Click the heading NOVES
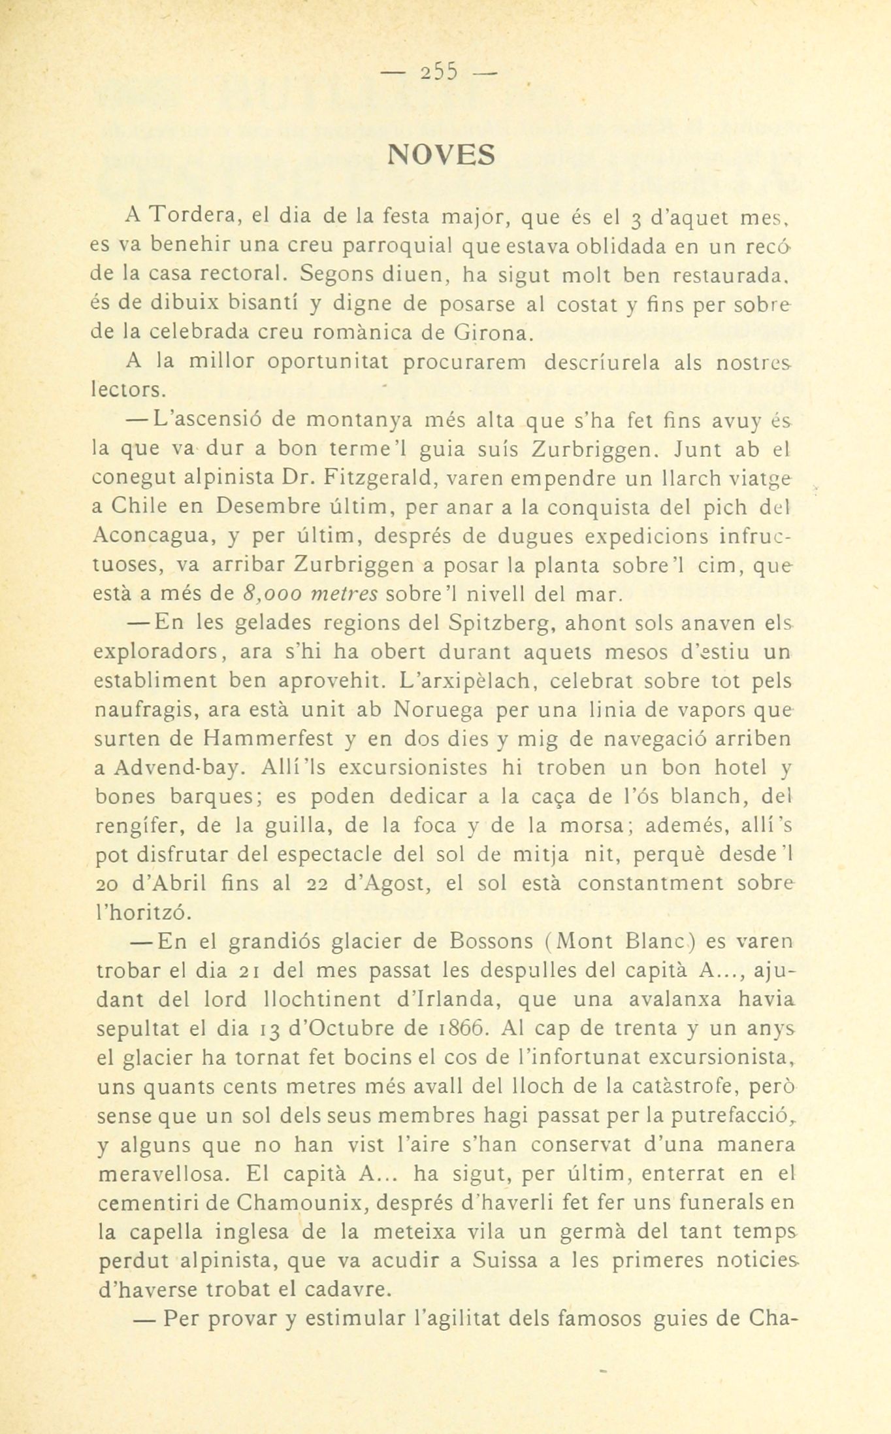[442, 155]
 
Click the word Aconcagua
[153, 536]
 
